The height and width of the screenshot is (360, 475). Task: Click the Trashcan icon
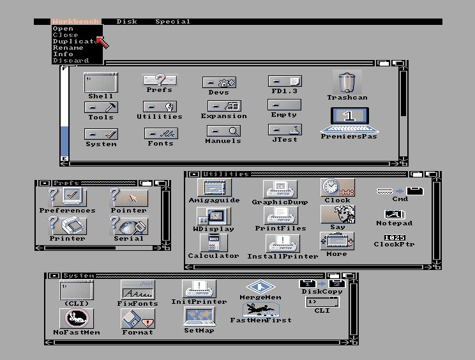347,83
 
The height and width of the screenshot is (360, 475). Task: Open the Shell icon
100,84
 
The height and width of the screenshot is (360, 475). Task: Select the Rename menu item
68,48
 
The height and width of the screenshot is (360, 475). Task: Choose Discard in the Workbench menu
71,61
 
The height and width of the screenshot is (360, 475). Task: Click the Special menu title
172,22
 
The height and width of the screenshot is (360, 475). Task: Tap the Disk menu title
126,22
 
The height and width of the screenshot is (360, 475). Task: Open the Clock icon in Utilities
337,187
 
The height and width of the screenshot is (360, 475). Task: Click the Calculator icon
213,243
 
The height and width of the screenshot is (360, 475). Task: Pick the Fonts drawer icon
160,134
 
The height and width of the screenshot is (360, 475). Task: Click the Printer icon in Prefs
67,226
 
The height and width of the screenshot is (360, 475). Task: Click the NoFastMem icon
76,319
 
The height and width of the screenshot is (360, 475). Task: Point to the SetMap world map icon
199,317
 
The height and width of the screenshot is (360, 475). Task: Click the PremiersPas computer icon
349,118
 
